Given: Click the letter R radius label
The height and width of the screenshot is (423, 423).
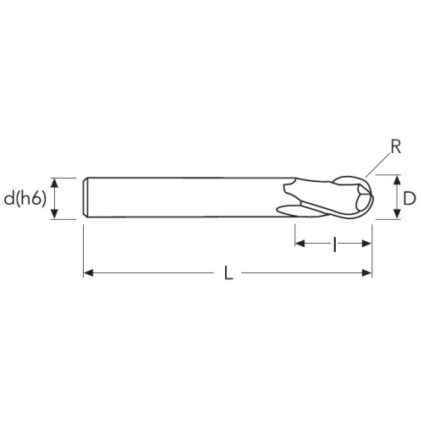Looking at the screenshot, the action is [x=396, y=147].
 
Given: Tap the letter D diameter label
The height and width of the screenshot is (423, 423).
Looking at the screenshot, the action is [x=409, y=199].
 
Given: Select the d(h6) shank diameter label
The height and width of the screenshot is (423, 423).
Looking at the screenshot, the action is [x=25, y=199].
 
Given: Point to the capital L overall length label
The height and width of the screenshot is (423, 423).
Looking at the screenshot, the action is [x=228, y=273].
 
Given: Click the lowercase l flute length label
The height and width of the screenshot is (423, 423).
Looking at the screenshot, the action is [x=334, y=244].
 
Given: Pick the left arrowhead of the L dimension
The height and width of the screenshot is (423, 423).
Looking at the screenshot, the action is [x=89, y=272].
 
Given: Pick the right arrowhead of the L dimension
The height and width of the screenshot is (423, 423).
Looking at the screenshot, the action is [x=367, y=272].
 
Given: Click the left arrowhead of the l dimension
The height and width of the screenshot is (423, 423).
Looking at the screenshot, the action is [x=300, y=243].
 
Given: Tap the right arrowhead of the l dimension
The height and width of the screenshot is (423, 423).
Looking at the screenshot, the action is [x=367, y=243].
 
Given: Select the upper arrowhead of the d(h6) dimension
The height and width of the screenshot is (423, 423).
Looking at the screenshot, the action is [x=55, y=183].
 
